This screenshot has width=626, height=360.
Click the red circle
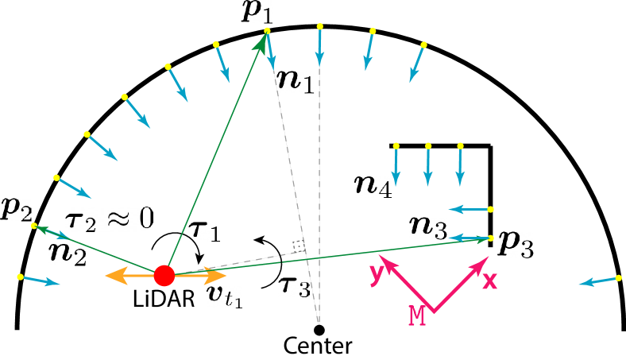(164, 276)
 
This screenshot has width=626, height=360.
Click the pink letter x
(489, 281)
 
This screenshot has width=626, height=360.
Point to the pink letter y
(376, 273)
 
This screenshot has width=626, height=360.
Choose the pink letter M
(417, 315)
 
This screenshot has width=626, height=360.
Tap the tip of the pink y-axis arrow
(380, 256)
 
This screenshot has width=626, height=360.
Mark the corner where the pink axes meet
(433, 312)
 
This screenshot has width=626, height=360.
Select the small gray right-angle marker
(298, 246)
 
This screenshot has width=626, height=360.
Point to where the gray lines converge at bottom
(319, 323)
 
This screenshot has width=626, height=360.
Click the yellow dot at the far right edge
(618, 278)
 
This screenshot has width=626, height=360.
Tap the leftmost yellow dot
(20, 277)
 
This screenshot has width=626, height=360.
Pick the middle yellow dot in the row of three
(428, 146)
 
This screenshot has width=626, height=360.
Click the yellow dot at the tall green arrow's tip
(267, 31)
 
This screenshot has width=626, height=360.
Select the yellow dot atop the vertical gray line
(320, 26)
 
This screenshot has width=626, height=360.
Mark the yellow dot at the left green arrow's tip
(34, 226)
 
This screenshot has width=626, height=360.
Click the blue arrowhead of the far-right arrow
(585, 283)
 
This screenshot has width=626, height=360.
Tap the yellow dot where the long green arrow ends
(491, 238)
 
